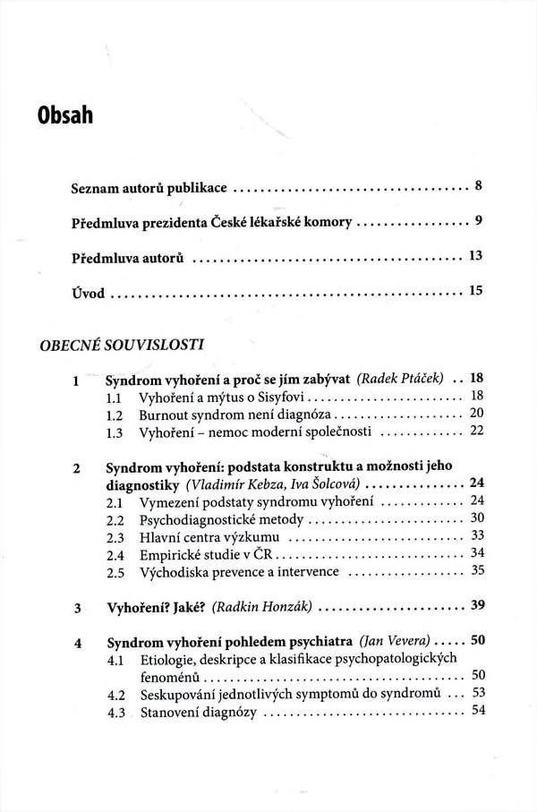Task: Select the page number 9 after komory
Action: pyautogui.click(x=479, y=221)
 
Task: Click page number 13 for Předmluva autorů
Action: pyautogui.click(x=475, y=256)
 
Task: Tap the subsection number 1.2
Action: pyautogui.click(x=114, y=415)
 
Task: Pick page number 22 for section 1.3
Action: pyautogui.click(x=476, y=432)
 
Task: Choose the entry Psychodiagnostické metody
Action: pyautogui.click(x=212, y=519)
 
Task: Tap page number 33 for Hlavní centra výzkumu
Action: pyautogui.click(x=476, y=535)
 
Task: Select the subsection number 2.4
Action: pyautogui.click(x=114, y=554)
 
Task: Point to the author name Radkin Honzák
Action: pyautogui.click(x=261, y=606)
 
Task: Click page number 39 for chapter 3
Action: pyautogui.click(x=476, y=605)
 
